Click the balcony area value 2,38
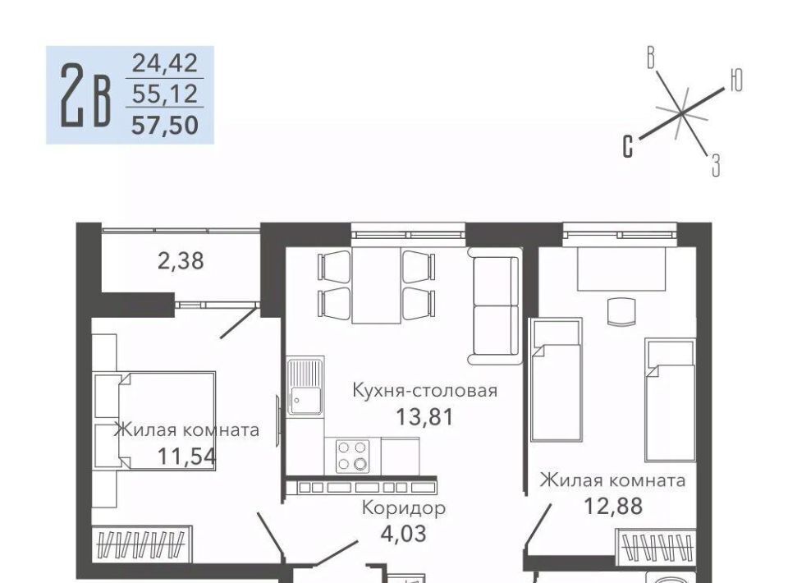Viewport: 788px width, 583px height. point(181,261)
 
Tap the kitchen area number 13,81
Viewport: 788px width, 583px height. point(424,416)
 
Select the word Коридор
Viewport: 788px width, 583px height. point(404,508)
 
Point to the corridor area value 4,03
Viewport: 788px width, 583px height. point(404,533)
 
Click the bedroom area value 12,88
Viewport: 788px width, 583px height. point(612,506)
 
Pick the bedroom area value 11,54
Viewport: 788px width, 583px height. point(186,457)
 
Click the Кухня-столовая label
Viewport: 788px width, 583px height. point(424,390)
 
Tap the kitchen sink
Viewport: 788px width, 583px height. point(305,386)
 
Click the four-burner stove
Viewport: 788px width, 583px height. point(352,456)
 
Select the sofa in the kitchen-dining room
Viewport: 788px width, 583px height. point(493,305)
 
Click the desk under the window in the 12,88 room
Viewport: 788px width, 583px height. point(621,269)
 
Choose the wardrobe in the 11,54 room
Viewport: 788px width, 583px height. point(142,544)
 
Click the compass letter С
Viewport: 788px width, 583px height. point(627,146)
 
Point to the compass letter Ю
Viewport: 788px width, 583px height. point(735,80)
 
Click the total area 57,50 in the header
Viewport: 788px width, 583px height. point(165,125)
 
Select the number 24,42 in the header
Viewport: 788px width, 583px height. point(165,63)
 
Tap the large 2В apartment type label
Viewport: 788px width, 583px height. point(85,95)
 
